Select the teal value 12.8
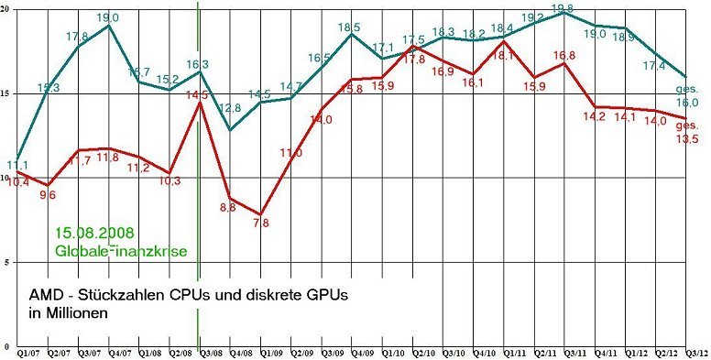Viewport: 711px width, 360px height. (x=230, y=109)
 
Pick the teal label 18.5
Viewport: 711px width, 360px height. (x=349, y=27)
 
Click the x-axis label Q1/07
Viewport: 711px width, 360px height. (x=28, y=352)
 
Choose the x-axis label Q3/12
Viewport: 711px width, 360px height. (x=695, y=352)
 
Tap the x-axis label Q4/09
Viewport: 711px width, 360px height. (x=363, y=352)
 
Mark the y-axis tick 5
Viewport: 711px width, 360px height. (x=7, y=263)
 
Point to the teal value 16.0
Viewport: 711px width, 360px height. (x=688, y=103)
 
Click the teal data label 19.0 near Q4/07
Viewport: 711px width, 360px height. (x=108, y=17)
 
